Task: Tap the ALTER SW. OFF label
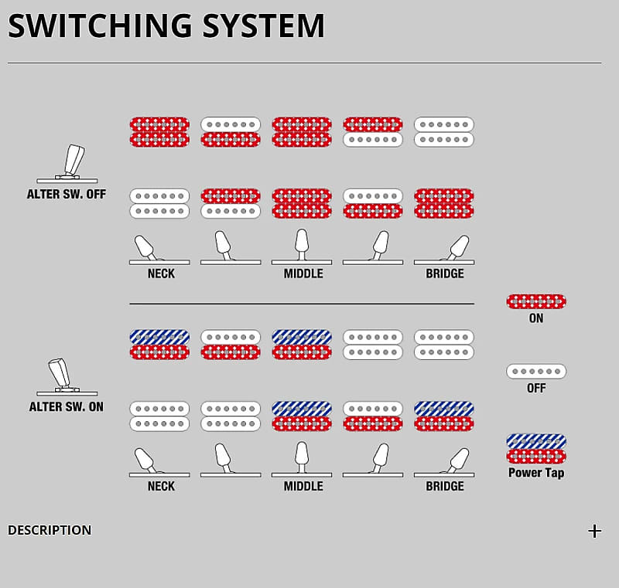pos(67,194)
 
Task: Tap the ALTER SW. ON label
pos(67,406)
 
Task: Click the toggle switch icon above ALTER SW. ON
pos(62,376)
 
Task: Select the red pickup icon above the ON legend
pos(536,301)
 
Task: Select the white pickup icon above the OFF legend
pos(536,372)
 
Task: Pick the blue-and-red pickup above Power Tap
pos(536,448)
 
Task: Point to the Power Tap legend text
pos(536,473)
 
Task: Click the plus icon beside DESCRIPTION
pos(594,531)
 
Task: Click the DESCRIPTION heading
pos(50,530)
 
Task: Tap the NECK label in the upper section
pos(161,274)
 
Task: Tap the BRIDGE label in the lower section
pos(445,486)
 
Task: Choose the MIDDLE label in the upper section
pos(303,274)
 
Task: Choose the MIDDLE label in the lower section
pos(303,486)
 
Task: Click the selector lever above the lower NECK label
pos(145,461)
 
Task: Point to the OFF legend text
pos(536,388)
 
